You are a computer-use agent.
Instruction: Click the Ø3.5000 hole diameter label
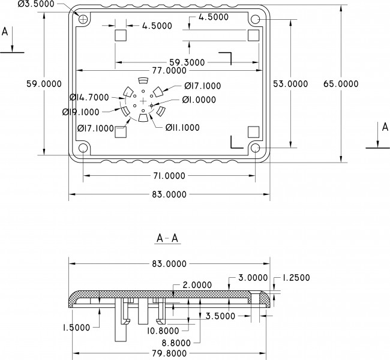tap(36, 4)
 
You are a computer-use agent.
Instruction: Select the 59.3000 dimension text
tap(187, 62)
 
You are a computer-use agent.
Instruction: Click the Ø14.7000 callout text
tap(89, 97)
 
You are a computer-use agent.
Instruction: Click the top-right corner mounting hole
tap(256, 20)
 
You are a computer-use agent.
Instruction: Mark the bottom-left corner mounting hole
tap(83, 148)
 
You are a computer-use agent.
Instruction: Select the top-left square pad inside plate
tap(121, 35)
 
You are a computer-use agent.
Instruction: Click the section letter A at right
tap(386, 127)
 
